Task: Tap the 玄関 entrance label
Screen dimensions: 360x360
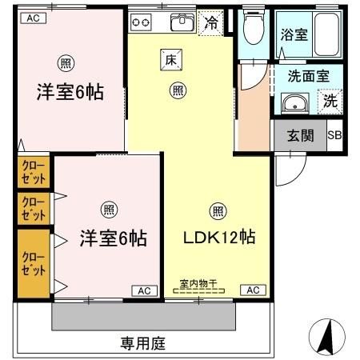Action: pos(299,135)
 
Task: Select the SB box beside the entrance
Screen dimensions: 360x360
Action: pos(334,135)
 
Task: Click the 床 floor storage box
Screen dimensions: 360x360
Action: pos(170,58)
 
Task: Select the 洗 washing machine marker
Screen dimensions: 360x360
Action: pos(330,101)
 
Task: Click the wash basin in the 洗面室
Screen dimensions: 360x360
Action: pos(295,102)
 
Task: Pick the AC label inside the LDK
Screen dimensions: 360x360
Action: pos(253,290)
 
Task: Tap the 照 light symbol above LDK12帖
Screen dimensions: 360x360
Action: pos(217,211)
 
